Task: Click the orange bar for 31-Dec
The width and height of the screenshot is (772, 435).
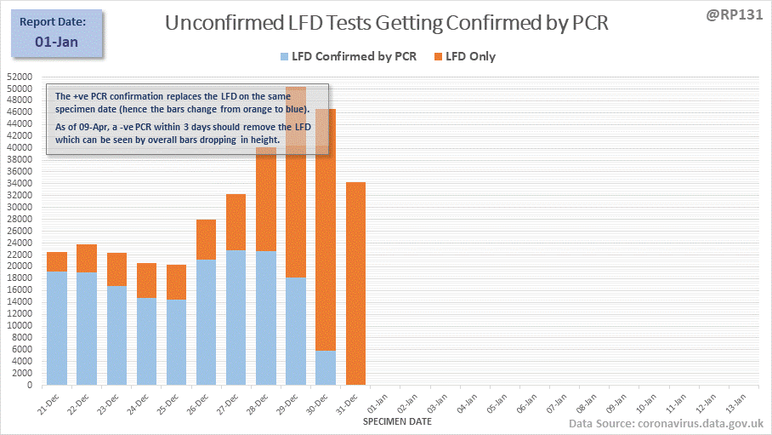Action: [355, 283]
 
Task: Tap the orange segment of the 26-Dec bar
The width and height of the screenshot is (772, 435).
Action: [207, 240]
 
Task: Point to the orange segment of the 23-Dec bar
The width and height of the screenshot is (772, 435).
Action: [117, 270]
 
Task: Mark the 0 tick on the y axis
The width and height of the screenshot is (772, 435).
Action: [29, 385]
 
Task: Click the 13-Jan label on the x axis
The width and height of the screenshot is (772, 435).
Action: [735, 402]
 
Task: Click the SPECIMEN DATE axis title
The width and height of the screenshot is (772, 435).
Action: [397, 421]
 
